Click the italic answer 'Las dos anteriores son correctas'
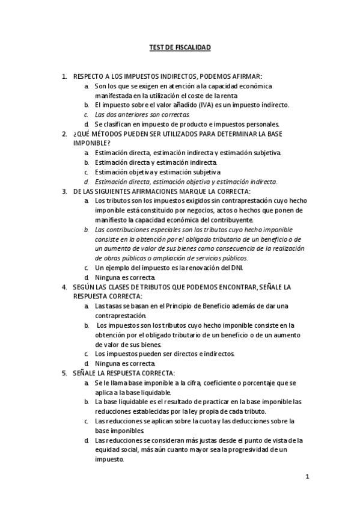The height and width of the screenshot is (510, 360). [x=142, y=114]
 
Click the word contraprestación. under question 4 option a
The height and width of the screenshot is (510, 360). [x=120, y=316]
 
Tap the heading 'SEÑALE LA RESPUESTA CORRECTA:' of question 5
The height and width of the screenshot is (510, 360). [x=123, y=373]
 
